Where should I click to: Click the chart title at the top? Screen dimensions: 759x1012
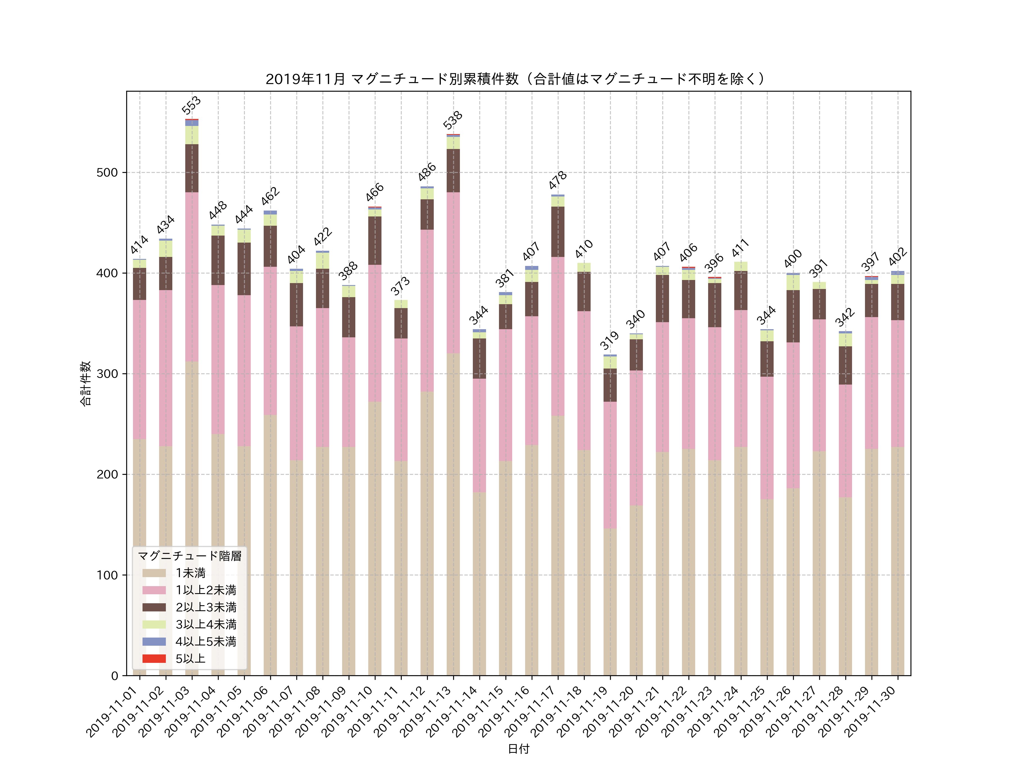(x=516, y=79)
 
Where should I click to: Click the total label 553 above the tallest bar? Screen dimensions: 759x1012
(x=191, y=105)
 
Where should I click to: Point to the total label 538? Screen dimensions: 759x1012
(x=453, y=120)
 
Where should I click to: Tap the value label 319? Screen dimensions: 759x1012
(x=609, y=340)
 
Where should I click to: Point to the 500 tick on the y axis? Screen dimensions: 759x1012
(x=107, y=173)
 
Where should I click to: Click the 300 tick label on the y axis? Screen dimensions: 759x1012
(x=107, y=374)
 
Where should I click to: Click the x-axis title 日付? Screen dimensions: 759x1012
(x=518, y=749)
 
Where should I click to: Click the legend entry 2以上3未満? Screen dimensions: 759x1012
(x=206, y=607)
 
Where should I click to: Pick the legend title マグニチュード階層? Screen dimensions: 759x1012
(x=189, y=556)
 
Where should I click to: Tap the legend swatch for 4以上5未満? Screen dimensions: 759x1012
(x=154, y=641)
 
